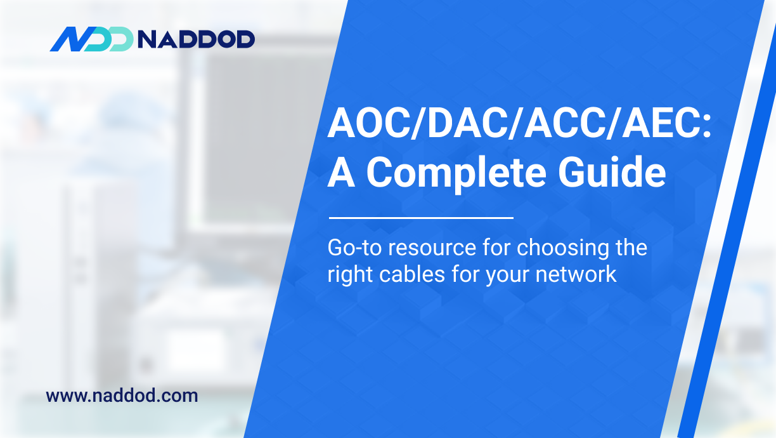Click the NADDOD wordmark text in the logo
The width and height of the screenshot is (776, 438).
pos(196,39)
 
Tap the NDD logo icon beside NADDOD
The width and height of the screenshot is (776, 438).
pos(91,39)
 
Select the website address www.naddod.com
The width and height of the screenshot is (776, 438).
pos(122,396)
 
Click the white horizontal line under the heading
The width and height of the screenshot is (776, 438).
pos(420,218)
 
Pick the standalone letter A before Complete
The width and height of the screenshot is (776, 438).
pos(341,173)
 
